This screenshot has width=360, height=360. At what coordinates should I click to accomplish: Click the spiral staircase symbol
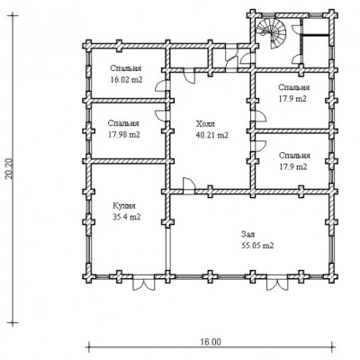(x=271, y=32)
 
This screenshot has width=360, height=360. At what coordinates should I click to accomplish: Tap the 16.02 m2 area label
(x=126, y=80)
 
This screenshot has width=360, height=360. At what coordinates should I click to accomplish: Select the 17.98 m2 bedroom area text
(x=123, y=135)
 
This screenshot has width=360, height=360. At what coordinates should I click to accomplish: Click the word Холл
(x=205, y=124)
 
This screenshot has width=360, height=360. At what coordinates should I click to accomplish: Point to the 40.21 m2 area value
(x=212, y=135)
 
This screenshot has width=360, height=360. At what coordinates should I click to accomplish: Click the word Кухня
(x=124, y=206)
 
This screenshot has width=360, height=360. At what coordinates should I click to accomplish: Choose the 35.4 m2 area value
(x=126, y=217)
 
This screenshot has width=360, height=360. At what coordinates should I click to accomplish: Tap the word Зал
(x=247, y=234)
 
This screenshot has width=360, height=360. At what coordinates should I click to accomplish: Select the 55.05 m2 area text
(x=257, y=246)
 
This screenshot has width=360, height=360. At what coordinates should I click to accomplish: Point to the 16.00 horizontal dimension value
(x=211, y=342)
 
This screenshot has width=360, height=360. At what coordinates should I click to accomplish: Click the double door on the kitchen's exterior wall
(x=144, y=283)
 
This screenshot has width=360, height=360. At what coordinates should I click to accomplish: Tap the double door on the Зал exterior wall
(x=277, y=283)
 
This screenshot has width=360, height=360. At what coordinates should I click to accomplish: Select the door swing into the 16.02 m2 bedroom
(x=160, y=85)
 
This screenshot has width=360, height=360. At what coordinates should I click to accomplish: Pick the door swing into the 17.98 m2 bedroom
(x=160, y=115)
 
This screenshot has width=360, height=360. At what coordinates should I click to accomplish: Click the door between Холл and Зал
(x=189, y=184)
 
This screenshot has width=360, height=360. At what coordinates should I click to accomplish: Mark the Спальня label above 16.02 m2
(x=126, y=68)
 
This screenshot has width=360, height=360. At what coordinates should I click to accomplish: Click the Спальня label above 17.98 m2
(x=123, y=123)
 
